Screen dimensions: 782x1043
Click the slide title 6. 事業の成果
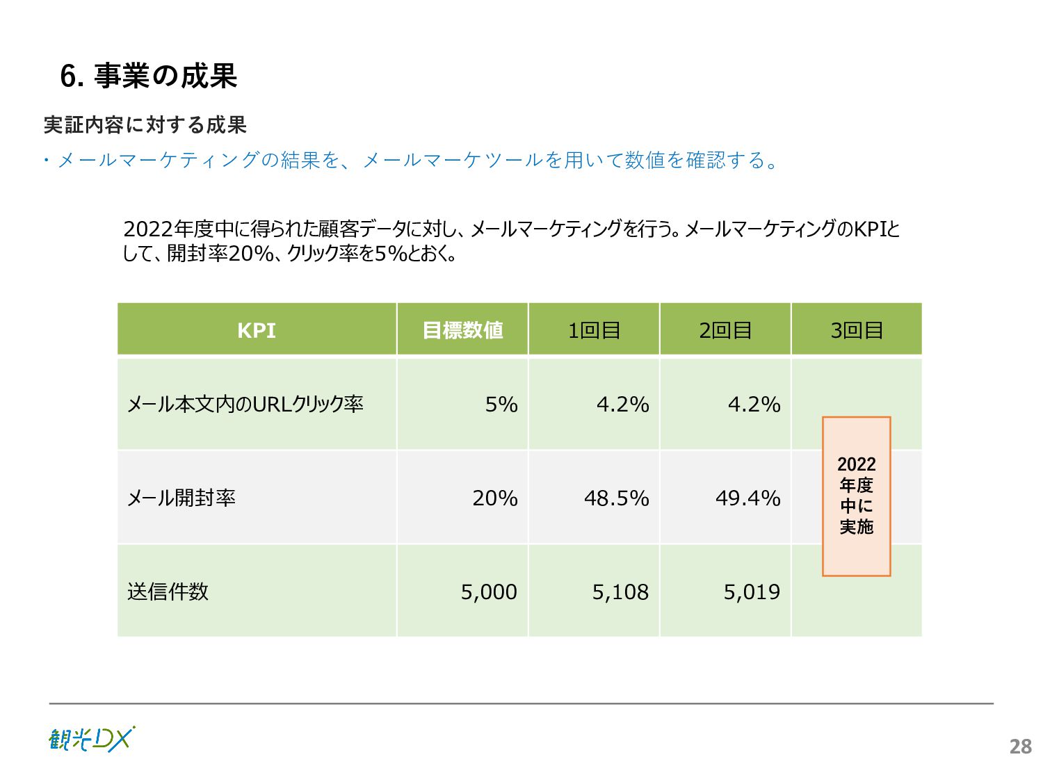coord(149,76)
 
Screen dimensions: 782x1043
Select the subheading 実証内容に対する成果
coord(145,125)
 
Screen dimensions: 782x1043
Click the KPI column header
coord(257,330)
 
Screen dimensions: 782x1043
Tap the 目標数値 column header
coord(462,330)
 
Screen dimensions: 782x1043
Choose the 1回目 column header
coord(594,330)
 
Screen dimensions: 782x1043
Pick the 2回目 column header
coord(725,330)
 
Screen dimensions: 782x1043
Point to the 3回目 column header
coord(857,330)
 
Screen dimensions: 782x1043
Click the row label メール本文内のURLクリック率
coord(245,404)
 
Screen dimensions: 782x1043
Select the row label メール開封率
coord(181,498)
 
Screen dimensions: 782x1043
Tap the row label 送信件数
coord(168,592)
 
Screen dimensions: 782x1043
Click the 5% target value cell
coord(501,404)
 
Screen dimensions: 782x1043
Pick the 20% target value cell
coord(495,498)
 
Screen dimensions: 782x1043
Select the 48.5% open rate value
coord(616,498)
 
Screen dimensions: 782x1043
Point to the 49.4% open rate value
coord(747,498)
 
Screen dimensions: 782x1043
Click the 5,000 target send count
coord(489,592)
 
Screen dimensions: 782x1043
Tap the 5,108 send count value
coord(620,592)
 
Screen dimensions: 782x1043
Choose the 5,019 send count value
coord(752,592)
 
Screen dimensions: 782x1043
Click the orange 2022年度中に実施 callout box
coord(856,496)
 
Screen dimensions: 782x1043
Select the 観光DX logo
coord(92,739)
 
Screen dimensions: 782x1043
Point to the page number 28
coord(1020,747)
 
